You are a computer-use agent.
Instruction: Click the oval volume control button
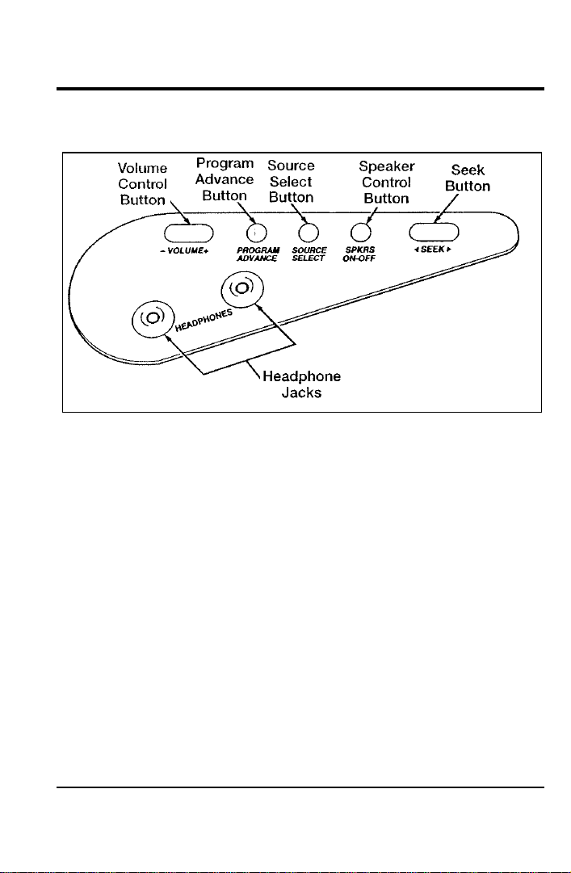point(189,233)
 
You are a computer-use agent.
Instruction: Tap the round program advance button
point(256,232)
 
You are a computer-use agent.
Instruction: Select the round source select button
point(309,232)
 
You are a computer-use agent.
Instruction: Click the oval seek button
point(434,231)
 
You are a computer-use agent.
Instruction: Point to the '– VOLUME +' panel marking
point(183,250)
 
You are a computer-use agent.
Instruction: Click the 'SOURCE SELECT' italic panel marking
point(309,254)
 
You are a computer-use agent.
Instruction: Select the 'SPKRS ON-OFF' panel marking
point(359,254)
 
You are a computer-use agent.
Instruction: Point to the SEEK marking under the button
point(432,250)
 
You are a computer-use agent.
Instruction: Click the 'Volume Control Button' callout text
point(143,184)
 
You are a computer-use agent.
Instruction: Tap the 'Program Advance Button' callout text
point(225,179)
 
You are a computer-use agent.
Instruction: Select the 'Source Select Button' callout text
point(291,182)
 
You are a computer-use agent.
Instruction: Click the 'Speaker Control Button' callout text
point(386,182)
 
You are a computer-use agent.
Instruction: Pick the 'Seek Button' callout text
point(468,178)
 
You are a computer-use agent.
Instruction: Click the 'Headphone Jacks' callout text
point(301,384)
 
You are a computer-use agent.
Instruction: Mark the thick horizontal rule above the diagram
point(300,89)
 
